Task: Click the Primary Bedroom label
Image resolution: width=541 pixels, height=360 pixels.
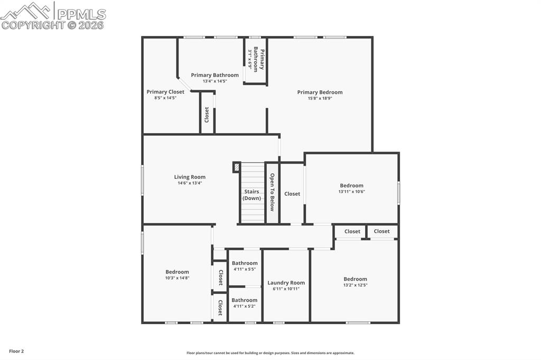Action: pos(320,92)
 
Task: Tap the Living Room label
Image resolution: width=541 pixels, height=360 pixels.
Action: pos(190,177)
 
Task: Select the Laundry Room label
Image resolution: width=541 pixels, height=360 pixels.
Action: pos(286,283)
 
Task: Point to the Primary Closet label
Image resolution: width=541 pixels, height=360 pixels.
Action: pos(165,92)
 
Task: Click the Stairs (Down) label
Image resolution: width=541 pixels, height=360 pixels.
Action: pos(251,195)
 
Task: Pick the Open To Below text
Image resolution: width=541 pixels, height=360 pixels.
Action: pos(272,192)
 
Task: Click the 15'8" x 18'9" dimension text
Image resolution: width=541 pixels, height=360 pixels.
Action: pos(320,98)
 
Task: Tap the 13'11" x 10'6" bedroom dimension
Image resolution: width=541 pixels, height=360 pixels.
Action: pos(352,192)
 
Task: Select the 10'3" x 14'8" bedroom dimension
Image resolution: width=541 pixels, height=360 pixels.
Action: pos(177,278)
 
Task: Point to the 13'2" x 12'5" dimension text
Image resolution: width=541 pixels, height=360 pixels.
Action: pos(355,285)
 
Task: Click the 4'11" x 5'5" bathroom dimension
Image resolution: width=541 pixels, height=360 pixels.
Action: pos(245,269)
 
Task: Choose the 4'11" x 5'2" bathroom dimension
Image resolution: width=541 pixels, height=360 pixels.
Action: pos(245,306)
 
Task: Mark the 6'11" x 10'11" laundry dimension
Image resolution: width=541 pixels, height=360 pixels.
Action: pos(286,289)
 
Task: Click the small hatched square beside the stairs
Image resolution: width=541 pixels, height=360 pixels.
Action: pos(236,167)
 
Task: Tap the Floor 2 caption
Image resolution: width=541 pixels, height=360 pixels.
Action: pos(16,351)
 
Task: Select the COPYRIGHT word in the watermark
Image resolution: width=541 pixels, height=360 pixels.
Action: pos(33,25)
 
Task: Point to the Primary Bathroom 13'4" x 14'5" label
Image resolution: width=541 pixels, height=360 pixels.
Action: pos(214,75)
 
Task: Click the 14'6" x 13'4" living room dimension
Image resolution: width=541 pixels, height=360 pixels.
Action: pos(190,183)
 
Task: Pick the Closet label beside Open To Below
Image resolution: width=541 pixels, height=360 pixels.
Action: pos(292,194)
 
